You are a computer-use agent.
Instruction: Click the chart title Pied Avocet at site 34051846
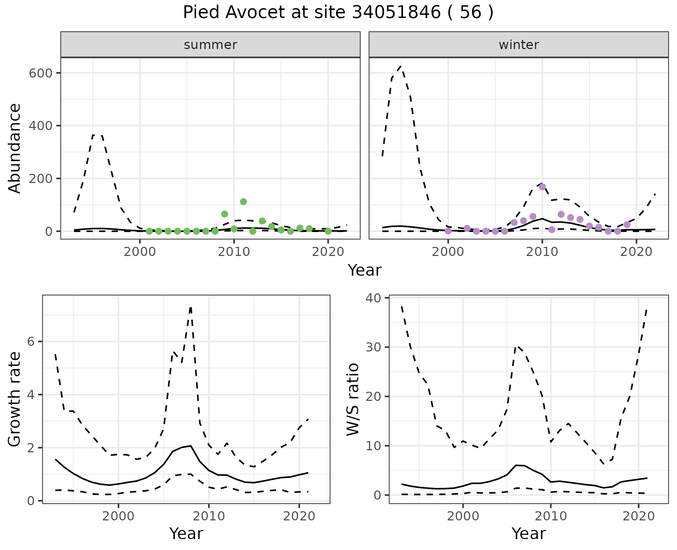pos(338,13)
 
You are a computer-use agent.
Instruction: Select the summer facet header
pos(211,45)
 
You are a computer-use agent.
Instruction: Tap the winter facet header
pos(518,45)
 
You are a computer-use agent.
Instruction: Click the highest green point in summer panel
pos(243,202)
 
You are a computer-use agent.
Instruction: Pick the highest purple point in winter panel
pos(542,187)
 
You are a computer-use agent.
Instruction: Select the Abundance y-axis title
pos(15,148)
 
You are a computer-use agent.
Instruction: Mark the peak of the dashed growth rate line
pos(191,307)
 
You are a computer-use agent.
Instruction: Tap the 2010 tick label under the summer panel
pos(234,252)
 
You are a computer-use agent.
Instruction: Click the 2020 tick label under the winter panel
pos(636,252)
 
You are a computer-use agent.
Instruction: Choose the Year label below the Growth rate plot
pos(186,533)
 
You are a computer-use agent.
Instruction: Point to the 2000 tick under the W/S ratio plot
pos(463,517)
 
